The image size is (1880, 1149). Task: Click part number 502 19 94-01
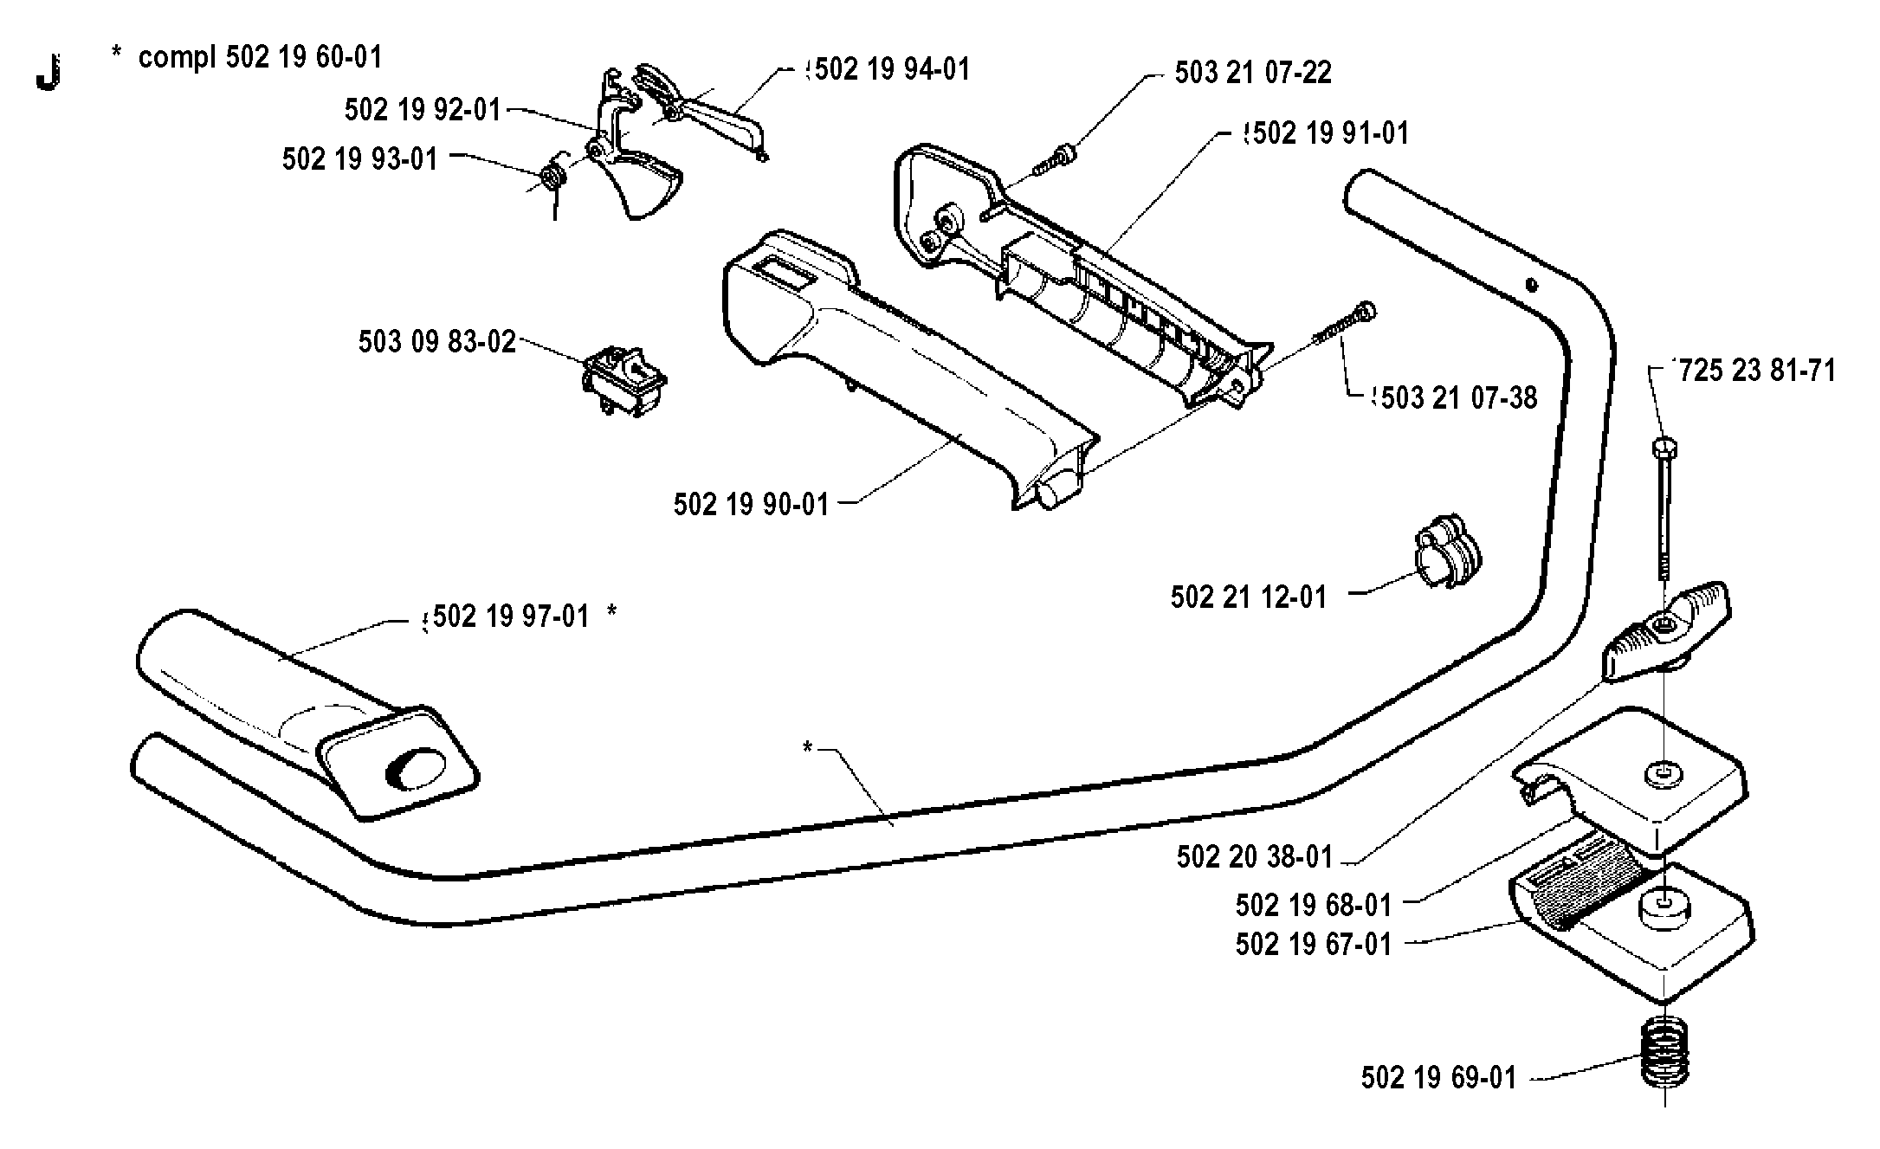tap(893, 69)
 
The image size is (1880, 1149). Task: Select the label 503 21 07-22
tap(1253, 73)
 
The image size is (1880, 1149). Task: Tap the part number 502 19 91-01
tap(1331, 133)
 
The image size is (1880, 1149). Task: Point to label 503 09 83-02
tap(437, 341)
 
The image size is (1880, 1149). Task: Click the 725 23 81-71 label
tap(1757, 371)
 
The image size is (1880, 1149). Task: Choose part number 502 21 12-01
tap(1249, 597)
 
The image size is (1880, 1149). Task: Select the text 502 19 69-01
tap(1439, 1078)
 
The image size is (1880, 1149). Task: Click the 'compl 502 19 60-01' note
tap(260, 57)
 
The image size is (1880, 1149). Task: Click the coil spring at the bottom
tap(1665, 1063)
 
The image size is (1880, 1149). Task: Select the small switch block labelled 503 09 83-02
tap(623, 382)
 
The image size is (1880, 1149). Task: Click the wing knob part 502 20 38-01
tap(1665, 630)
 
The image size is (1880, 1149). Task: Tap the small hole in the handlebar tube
tap(1531, 283)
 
